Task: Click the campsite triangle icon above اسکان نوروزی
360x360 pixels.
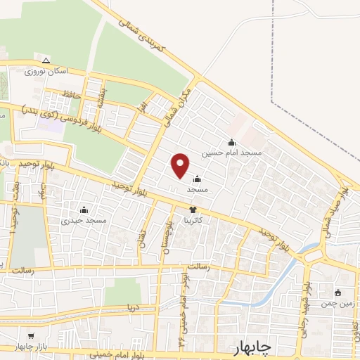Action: coord(46,60)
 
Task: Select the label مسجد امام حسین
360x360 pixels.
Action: coord(232,152)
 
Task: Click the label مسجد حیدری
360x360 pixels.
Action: coord(84,220)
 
